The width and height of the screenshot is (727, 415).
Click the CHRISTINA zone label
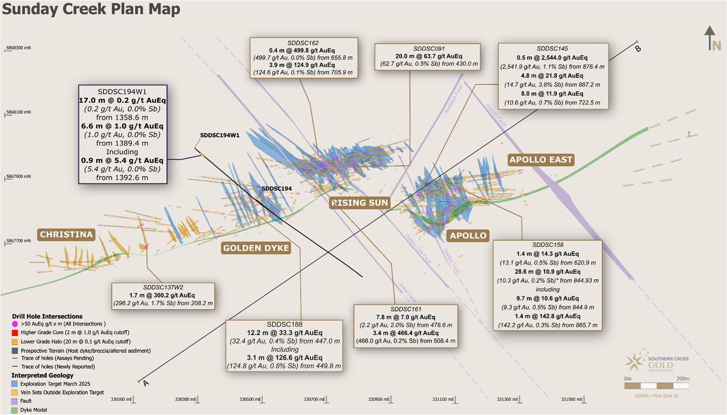66,234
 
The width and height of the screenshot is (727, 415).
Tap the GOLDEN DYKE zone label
256,248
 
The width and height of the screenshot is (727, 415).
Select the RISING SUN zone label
360,203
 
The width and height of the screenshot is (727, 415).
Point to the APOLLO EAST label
541,159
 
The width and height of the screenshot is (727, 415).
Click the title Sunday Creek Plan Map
91,9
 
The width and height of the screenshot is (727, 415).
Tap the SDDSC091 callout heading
429,48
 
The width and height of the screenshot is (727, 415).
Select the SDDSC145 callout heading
552,48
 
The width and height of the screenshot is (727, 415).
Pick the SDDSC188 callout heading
284,324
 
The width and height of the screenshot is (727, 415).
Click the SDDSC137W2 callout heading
163,287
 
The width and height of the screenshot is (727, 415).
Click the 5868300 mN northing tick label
19,48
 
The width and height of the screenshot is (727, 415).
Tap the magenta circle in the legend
15,324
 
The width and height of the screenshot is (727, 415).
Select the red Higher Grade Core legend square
15,333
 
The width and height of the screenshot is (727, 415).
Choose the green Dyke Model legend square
15,410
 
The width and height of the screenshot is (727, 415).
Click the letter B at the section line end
638,48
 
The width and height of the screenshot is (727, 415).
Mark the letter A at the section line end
145,383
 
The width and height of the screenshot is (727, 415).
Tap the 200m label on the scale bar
682,379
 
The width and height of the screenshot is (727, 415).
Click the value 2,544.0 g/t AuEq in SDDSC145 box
563,58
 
